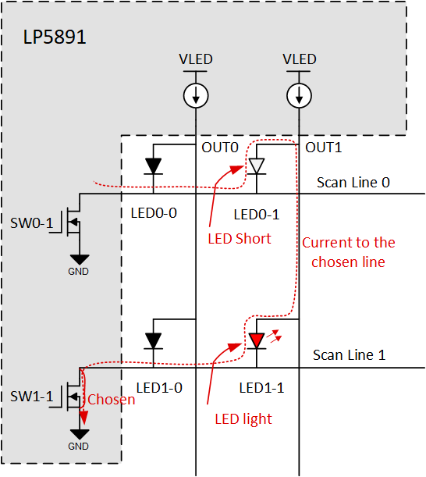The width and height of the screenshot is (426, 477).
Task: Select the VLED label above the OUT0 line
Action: (195, 59)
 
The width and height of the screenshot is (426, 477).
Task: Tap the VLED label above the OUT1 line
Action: (300, 59)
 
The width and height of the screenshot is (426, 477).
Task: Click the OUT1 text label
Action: (324, 148)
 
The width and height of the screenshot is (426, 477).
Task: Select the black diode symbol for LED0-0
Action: (153, 166)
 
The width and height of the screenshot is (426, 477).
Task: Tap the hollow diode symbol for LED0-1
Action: (257, 166)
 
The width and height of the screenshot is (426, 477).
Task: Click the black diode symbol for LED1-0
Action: (153, 340)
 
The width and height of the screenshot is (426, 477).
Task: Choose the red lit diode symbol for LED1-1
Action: (257, 340)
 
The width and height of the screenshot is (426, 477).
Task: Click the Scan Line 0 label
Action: (353, 183)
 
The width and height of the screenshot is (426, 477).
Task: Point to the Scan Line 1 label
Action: (349, 354)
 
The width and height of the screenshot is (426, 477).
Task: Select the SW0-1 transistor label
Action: (36, 224)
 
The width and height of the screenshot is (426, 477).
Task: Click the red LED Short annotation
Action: (239, 239)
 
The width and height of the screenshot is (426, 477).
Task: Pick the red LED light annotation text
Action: (243, 419)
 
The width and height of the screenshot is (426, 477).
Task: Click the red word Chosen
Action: (111, 400)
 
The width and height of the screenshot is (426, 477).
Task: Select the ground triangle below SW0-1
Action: (78, 259)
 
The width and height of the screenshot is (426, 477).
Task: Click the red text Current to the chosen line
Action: (348, 252)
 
